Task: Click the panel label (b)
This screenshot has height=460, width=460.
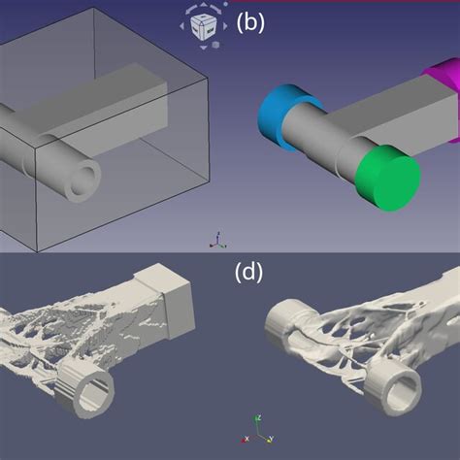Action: click(250, 22)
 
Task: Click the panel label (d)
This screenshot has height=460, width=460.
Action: click(248, 272)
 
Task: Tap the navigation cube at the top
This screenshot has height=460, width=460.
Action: click(203, 27)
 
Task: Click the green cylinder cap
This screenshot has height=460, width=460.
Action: click(388, 178)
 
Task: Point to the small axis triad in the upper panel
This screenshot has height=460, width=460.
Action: click(218, 241)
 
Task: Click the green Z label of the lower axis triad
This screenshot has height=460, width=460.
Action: click(258, 418)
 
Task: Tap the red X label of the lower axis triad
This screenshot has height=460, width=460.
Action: click(246, 440)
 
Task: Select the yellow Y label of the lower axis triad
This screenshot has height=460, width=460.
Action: click(271, 440)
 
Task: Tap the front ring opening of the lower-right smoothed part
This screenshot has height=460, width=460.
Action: click(403, 391)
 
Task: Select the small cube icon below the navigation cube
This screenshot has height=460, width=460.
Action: click(215, 45)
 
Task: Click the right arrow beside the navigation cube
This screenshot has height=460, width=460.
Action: click(225, 26)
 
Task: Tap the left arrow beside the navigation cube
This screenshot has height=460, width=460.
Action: click(181, 26)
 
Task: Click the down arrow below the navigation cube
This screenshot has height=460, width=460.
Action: click(203, 48)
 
